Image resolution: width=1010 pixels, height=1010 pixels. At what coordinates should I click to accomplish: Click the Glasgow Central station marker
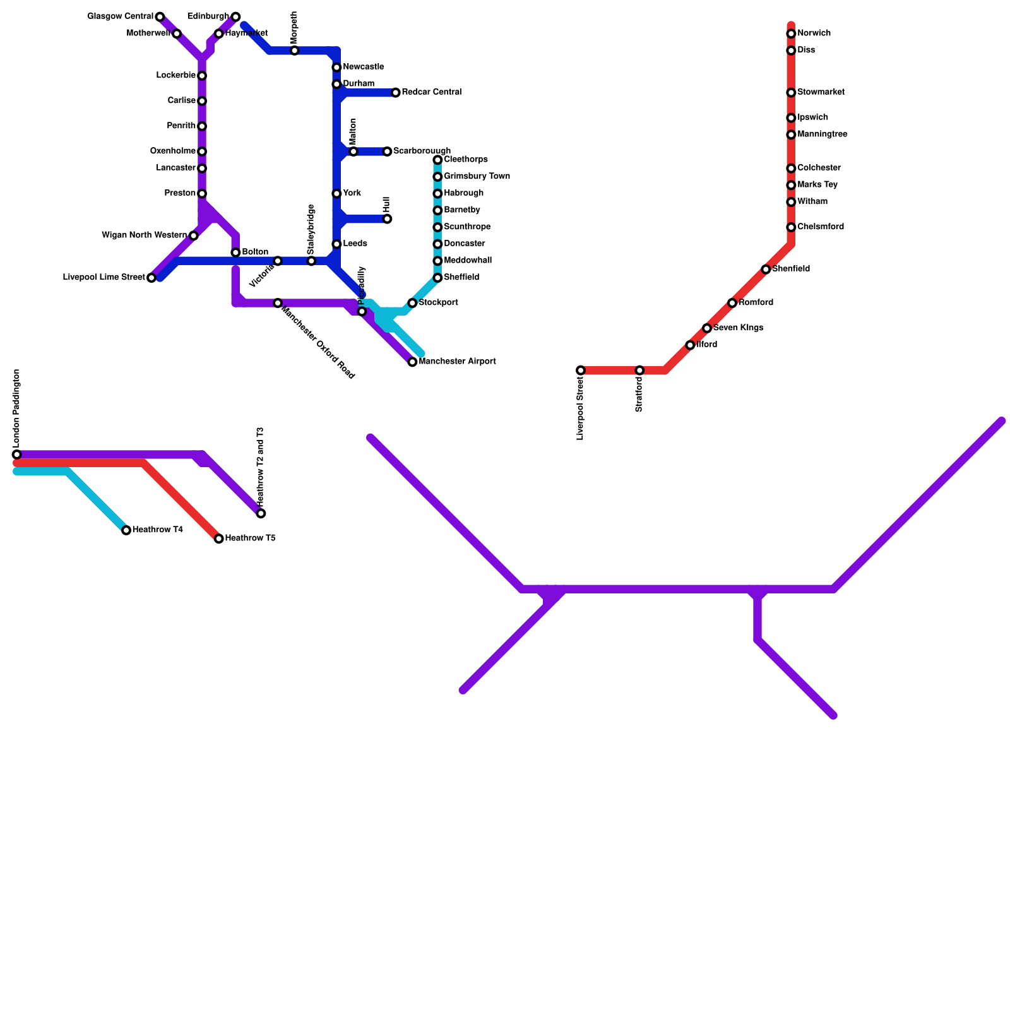(160, 16)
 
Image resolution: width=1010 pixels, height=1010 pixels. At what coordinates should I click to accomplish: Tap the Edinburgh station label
(208, 16)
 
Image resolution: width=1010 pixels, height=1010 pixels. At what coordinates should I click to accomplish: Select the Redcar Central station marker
(396, 93)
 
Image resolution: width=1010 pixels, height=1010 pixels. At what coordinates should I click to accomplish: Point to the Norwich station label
(814, 33)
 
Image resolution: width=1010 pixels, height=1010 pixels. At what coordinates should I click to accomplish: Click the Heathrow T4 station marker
(126, 530)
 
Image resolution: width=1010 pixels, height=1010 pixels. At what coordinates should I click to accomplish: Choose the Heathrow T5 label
(250, 538)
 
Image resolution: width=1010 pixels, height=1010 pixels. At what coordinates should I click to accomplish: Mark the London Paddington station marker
(16, 454)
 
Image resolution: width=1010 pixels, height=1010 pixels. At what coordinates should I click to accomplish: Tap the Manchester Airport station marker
(412, 362)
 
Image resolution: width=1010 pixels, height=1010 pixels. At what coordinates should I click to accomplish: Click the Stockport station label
(438, 303)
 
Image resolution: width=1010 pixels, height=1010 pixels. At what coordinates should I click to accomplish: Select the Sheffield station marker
(437, 278)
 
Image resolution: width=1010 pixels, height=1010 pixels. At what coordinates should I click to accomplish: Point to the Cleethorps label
(465, 160)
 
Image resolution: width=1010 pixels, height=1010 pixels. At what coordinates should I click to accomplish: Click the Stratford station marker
(639, 370)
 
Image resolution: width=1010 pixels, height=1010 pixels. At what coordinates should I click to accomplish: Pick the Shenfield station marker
(766, 270)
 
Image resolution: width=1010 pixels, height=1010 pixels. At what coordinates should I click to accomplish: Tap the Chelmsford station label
(820, 227)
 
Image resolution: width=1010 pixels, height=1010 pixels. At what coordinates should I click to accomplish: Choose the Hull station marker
(387, 219)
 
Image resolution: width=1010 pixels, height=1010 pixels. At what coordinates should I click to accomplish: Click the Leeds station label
(355, 244)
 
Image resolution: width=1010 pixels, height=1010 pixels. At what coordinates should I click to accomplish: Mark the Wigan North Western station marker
(194, 235)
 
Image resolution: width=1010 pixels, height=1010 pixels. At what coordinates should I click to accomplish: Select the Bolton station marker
(235, 252)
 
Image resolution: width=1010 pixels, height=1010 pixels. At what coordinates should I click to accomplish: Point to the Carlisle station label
(182, 101)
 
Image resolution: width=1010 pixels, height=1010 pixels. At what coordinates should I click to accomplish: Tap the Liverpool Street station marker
(581, 370)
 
